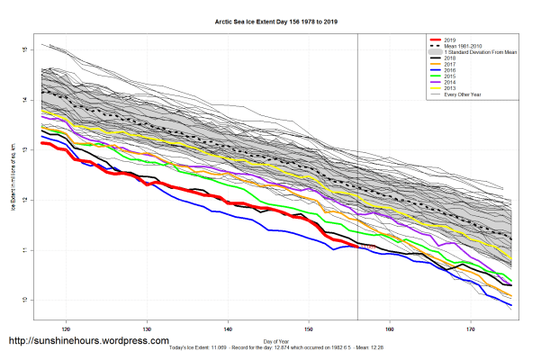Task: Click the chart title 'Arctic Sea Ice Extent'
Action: (269, 19)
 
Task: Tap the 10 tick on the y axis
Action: (28, 299)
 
